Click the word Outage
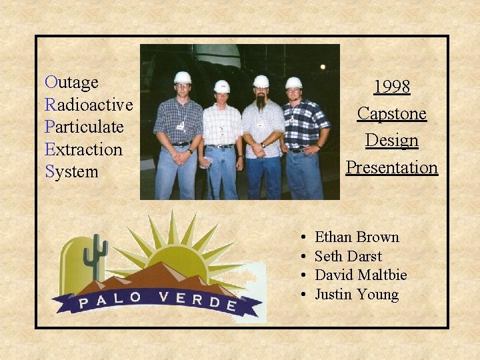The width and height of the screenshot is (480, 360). pyautogui.click(x=72, y=83)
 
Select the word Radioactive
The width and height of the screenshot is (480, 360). pyautogui.click(x=89, y=105)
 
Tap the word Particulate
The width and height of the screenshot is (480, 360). pyautogui.click(x=85, y=127)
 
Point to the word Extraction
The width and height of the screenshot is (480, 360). pyautogui.click(x=84, y=149)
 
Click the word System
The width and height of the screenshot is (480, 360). pyautogui.click(x=72, y=171)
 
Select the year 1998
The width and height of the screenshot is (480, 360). pyautogui.click(x=391, y=87)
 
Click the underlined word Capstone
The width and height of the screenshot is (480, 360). pyautogui.click(x=391, y=113)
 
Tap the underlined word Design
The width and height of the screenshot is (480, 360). pyautogui.click(x=391, y=141)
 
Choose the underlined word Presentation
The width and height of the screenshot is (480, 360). pyautogui.click(x=391, y=167)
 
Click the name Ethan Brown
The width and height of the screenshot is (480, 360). pyautogui.click(x=357, y=237)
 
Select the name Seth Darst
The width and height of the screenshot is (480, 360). pyautogui.click(x=348, y=257)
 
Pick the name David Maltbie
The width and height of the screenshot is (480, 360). pyautogui.click(x=361, y=275)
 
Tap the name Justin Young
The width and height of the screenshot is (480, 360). pyautogui.click(x=357, y=295)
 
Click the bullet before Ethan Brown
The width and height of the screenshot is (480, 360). pyautogui.click(x=303, y=238)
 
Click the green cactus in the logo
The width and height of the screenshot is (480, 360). pyautogui.click(x=96, y=257)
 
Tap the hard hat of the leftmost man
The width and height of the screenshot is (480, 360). pyautogui.click(x=183, y=77)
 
